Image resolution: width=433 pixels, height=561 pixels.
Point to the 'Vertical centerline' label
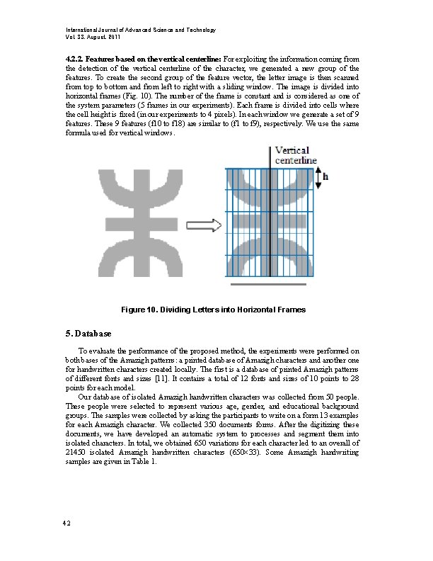tap(296, 156)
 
